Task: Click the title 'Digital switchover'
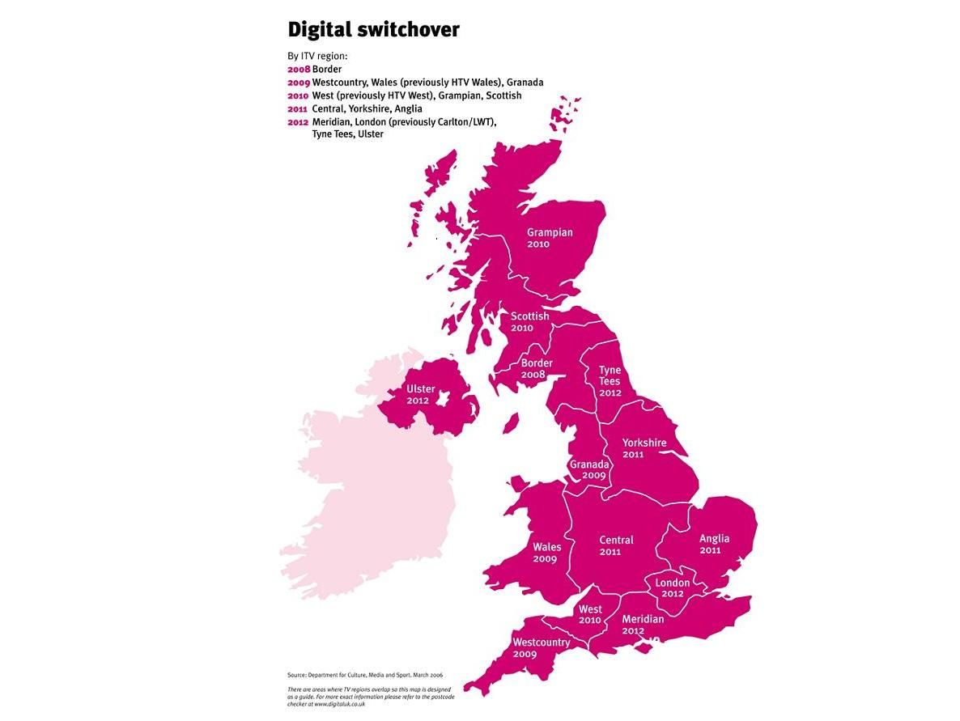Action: (373, 30)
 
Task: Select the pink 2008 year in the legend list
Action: (299, 70)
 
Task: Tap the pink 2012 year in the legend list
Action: (299, 121)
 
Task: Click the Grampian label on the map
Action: (550, 238)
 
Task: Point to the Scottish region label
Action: (529, 321)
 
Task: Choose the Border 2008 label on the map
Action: (537, 369)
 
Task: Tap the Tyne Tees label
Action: (610, 381)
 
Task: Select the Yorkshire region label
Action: (644, 448)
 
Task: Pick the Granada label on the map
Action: (588, 469)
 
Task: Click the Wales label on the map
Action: (546, 553)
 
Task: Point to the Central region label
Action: (616, 545)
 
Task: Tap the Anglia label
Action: (714, 544)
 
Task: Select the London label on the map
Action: (672, 587)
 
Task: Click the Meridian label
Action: (642, 625)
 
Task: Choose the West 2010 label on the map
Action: (589, 614)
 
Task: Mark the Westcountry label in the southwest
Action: (541, 647)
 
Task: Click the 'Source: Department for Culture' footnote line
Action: (364, 675)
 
